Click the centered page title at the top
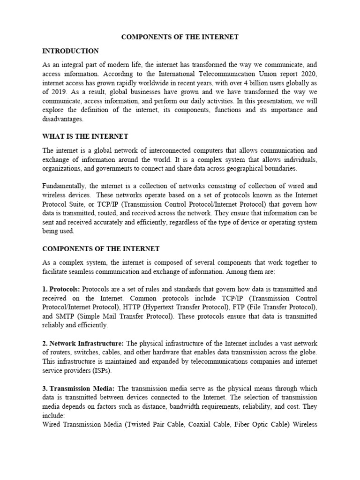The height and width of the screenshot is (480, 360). click(180, 37)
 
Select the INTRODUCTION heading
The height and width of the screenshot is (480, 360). click(70, 51)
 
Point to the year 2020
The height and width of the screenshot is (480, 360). click(308, 74)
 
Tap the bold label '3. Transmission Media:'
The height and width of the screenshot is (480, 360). click(78, 389)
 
